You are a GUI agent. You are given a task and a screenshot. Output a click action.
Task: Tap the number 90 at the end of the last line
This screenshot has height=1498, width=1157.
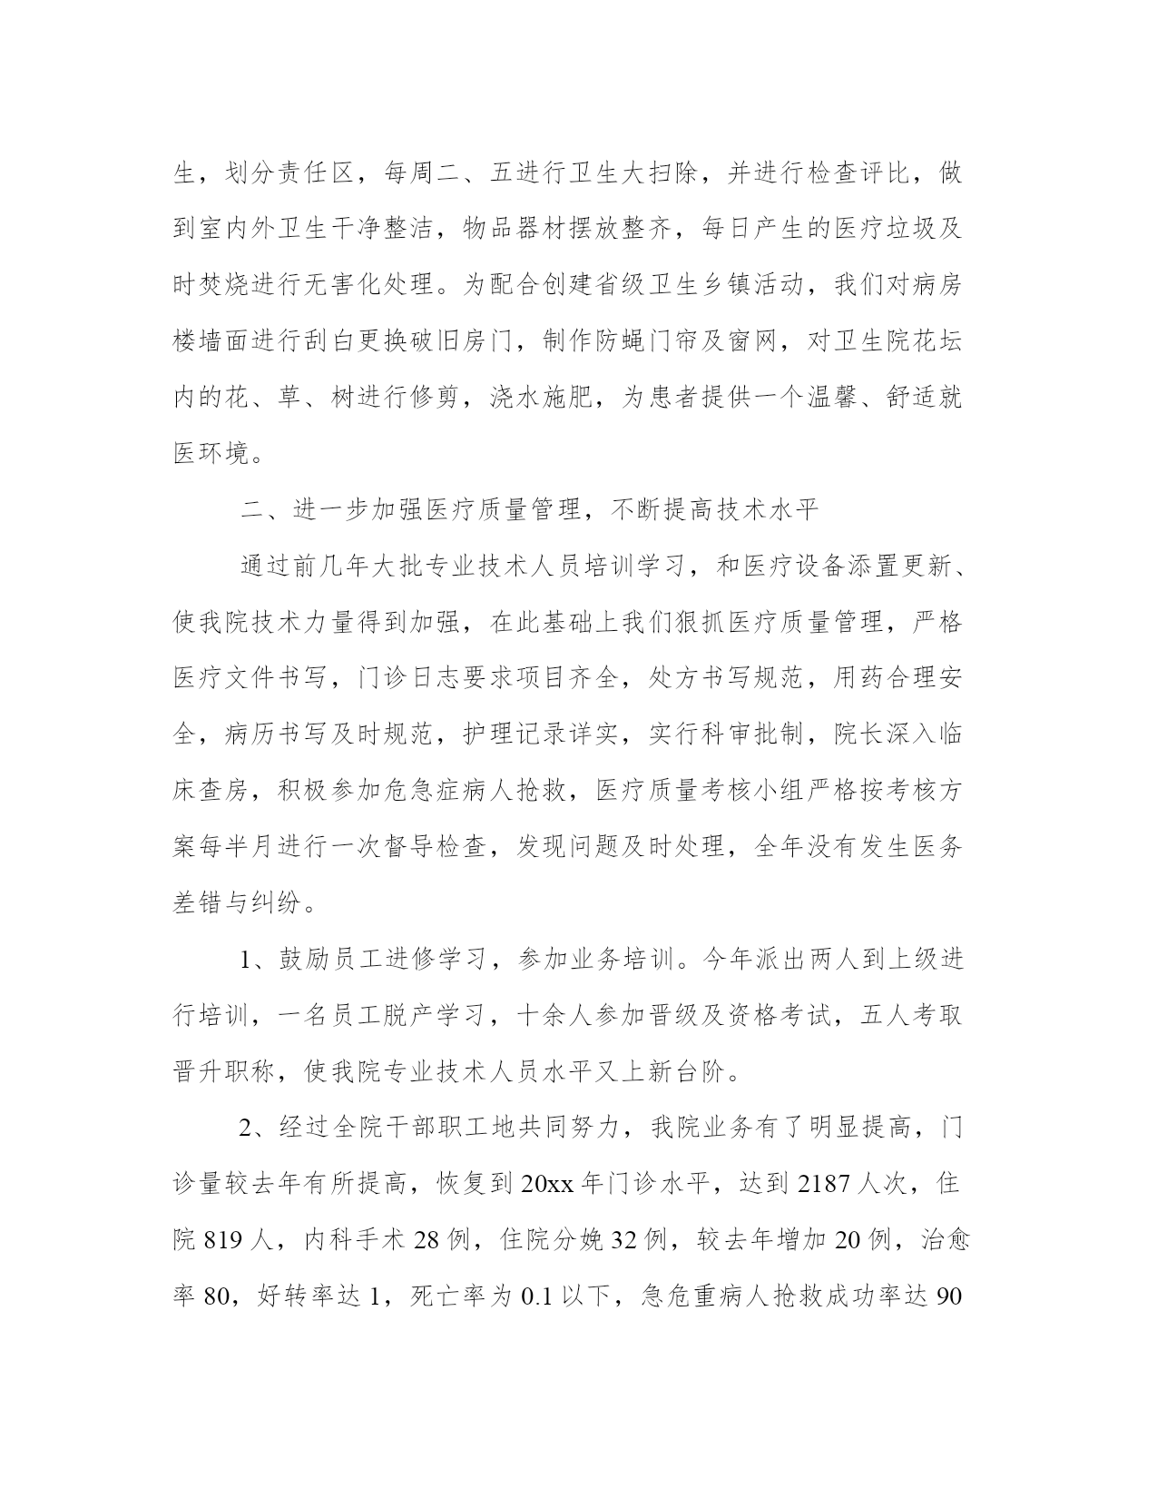coord(947,1297)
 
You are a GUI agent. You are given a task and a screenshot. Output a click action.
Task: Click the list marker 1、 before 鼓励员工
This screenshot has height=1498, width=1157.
coord(255,959)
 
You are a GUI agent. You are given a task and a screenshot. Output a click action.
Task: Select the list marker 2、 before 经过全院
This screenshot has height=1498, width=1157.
coord(255,1128)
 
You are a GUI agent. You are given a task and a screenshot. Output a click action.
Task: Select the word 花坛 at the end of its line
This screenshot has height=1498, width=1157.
coord(934,341)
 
